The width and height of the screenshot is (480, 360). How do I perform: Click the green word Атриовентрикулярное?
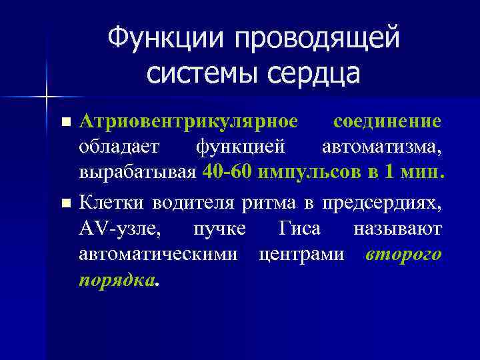coord(189,122)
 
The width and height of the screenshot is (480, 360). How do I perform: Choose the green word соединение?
coord(387,122)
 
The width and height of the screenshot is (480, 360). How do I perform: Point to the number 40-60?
coord(229,173)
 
